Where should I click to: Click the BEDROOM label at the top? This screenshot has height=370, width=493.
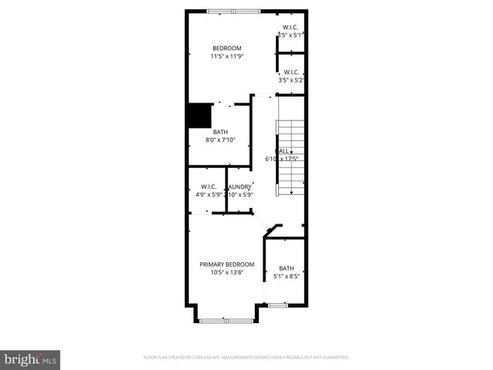[226, 48]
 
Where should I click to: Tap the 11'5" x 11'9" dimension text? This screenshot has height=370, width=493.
[226, 56]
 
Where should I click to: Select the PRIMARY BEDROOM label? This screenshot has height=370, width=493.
[226, 264]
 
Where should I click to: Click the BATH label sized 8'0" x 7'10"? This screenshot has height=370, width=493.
[220, 132]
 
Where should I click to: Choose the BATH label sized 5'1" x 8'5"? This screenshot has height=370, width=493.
[287, 268]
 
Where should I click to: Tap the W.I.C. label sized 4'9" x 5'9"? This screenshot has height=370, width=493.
[209, 187]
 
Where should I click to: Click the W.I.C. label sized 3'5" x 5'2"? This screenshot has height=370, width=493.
[291, 72]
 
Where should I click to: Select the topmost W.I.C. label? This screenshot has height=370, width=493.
[291, 27]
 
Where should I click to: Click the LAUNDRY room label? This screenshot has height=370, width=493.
[239, 187]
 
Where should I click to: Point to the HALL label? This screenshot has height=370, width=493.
[283, 150]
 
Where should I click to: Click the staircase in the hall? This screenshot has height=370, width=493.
[290, 157]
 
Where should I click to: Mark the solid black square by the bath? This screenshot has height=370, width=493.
[200, 116]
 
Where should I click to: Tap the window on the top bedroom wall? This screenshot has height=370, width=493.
[233, 10]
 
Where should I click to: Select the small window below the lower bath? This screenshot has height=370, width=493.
[277, 305]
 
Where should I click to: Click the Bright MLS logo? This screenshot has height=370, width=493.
[30, 359]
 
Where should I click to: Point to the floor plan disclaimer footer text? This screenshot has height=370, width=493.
[246, 358]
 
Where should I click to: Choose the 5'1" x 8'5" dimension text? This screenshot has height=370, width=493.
[287, 277]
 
